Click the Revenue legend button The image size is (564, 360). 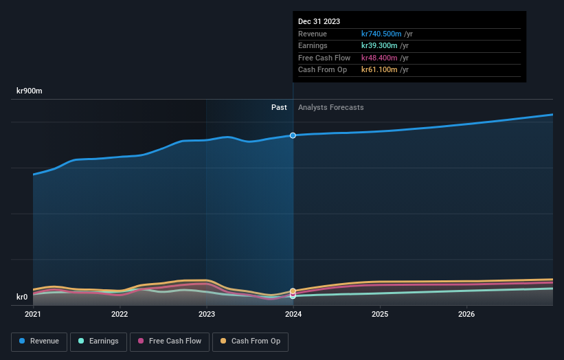pyautogui.click(x=39, y=341)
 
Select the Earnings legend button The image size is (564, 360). pyautogui.click(x=98, y=341)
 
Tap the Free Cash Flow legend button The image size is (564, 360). pyautogui.click(x=170, y=341)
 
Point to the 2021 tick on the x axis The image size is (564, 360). pyautogui.click(x=33, y=315)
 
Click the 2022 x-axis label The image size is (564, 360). pyautogui.click(x=120, y=315)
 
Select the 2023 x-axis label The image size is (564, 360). pyautogui.click(x=207, y=315)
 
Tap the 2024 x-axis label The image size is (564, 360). pyautogui.click(x=293, y=315)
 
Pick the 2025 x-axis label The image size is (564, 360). pyautogui.click(x=380, y=315)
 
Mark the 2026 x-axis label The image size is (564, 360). pyautogui.click(x=466, y=315)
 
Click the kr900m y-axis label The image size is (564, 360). pyautogui.click(x=30, y=91)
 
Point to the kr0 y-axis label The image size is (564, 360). pyautogui.click(x=22, y=297)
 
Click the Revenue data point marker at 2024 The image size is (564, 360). pyautogui.click(x=293, y=135)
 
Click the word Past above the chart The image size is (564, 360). pyautogui.click(x=279, y=107)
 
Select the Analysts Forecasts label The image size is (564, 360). pyautogui.click(x=331, y=107)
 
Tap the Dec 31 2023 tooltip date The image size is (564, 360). pyautogui.click(x=319, y=22)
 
